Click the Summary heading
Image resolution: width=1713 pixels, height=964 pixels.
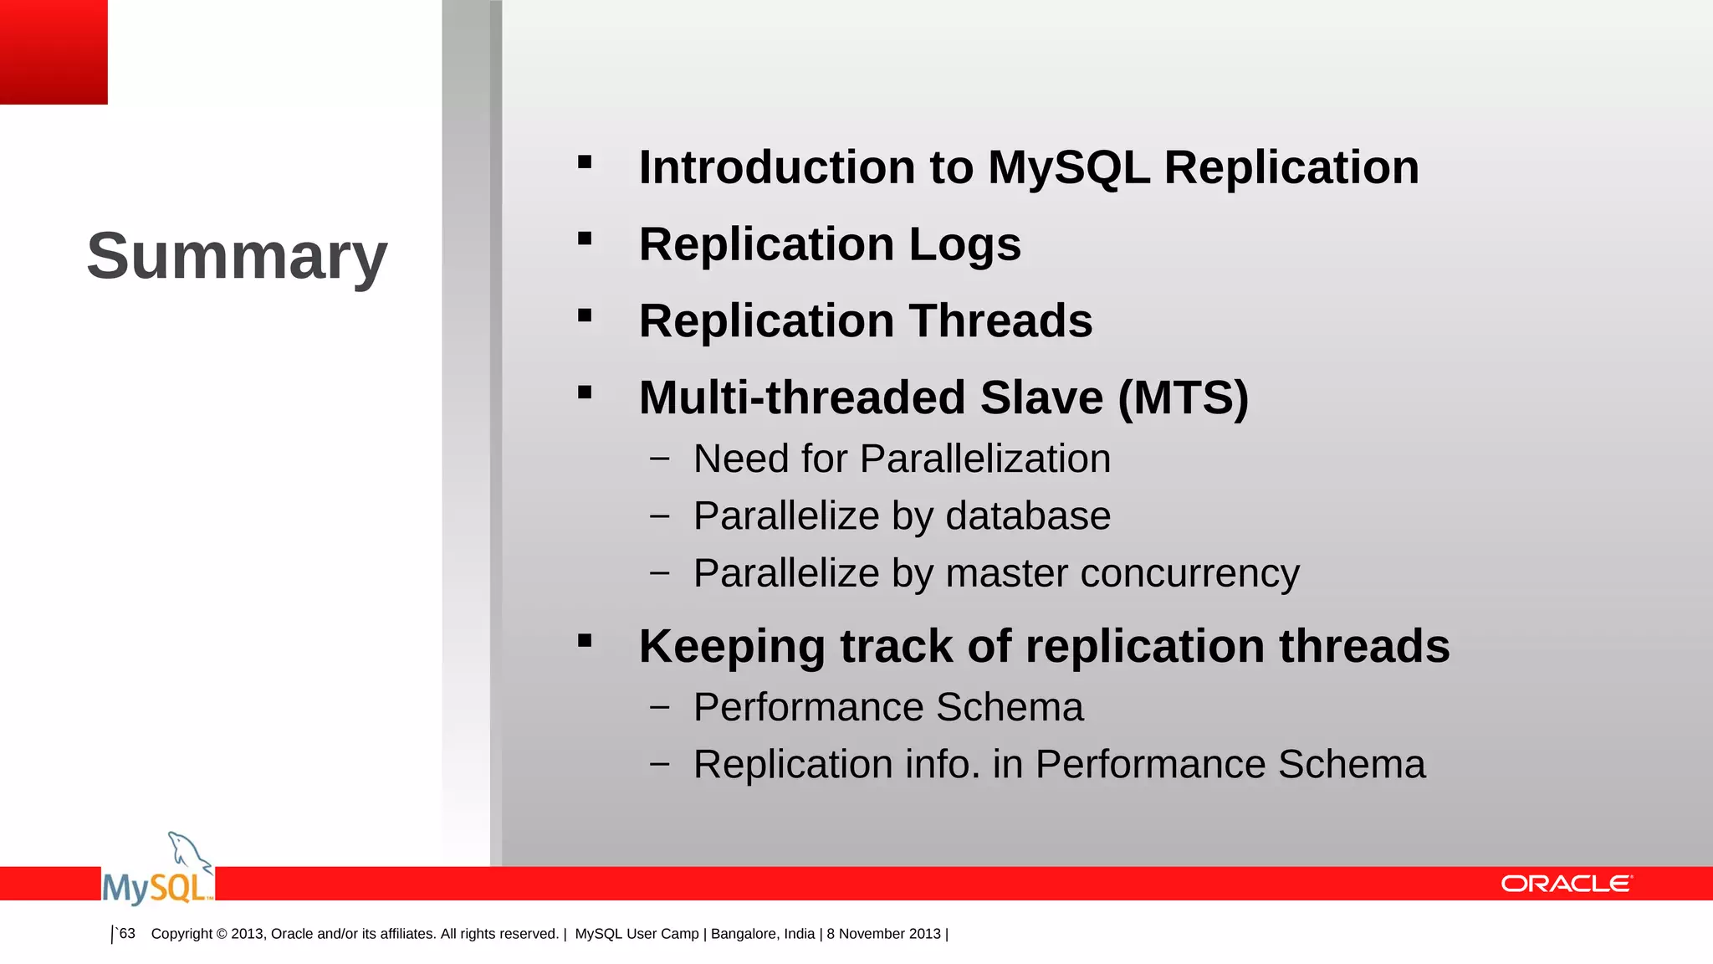237,256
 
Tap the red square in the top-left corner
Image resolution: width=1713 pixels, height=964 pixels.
54,52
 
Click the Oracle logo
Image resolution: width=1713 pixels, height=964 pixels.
1566,885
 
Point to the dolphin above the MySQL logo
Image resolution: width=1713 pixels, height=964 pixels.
189,852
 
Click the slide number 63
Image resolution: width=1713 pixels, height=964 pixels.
127,934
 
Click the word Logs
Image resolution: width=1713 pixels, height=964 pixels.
964,244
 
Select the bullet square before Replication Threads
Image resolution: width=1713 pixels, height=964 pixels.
585,315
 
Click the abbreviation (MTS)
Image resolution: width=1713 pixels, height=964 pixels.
1183,397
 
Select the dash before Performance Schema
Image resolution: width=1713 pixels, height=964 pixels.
659,707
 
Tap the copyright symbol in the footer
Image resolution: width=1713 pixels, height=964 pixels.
222,934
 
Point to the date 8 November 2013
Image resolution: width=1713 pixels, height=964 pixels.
884,934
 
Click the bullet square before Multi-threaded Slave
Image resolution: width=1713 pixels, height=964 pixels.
585,392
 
